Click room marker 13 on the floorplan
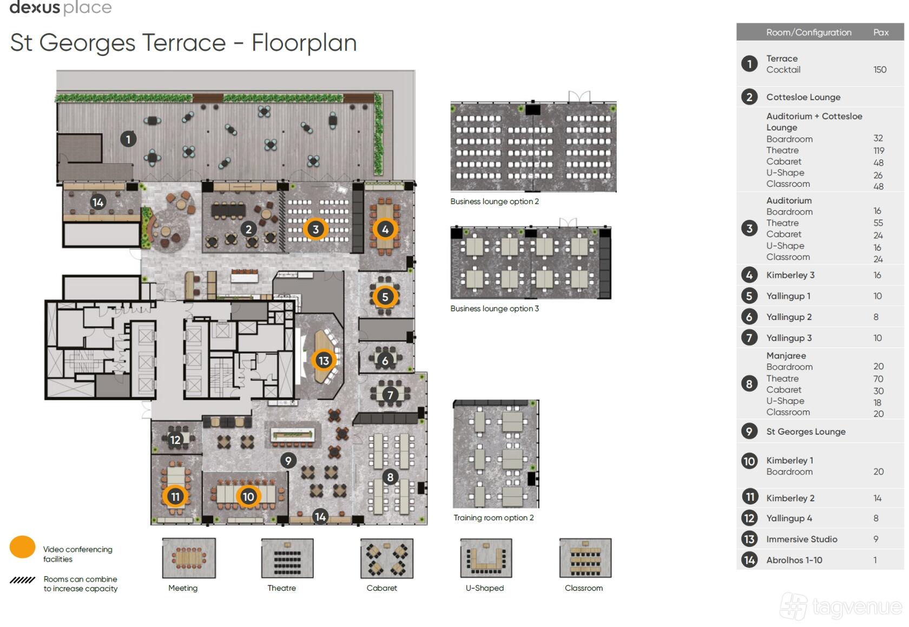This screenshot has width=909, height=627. click(324, 360)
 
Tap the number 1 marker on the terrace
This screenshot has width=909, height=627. click(128, 139)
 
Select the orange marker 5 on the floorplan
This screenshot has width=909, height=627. click(385, 297)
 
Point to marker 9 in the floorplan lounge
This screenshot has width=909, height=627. click(288, 460)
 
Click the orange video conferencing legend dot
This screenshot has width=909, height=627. click(22, 547)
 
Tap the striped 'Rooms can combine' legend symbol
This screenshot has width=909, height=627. click(22, 579)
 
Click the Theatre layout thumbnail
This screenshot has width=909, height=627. click(287, 558)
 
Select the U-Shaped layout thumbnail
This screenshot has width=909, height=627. click(486, 558)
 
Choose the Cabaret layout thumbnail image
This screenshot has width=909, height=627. click(387, 558)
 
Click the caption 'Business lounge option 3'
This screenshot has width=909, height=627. click(495, 308)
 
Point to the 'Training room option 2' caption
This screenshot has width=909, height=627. click(493, 518)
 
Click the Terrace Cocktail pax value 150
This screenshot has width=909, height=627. click(880, 69)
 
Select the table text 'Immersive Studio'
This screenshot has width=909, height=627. click(801, 539)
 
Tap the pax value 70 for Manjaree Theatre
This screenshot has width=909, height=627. click(878, 378)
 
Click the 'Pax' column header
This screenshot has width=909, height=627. click(881, 32)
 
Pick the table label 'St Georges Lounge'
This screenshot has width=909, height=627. click(806, 431)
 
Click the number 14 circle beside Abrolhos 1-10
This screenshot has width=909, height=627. click(749, 560)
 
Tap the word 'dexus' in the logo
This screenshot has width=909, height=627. click(35, 7)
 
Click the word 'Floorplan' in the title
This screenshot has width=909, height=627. click(304, 42)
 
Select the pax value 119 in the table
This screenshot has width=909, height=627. click(879, 151)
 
